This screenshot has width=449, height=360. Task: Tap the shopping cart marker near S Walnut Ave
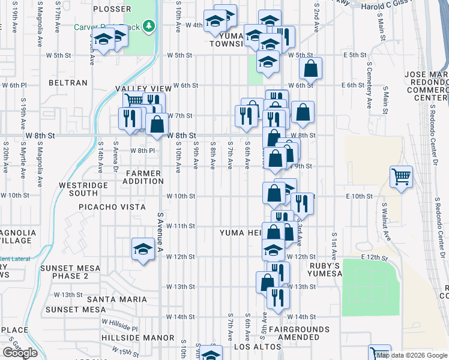[x=401, y=177]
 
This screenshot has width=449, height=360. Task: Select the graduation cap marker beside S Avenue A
[x=143, y=249]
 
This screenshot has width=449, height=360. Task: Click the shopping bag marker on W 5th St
[x=310, y=69]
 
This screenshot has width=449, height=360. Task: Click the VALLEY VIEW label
[x=139, y=89]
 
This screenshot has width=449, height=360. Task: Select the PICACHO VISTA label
[x=112, y=207]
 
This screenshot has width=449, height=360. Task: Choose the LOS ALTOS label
[x=258, y=347]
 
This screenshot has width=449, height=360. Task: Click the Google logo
[x=19, y=353]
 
